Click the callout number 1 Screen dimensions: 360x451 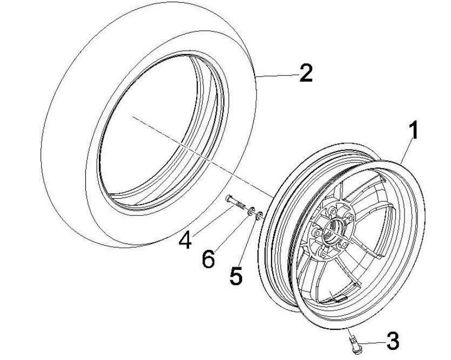click(x=414, y=132)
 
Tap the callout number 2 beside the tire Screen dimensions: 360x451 click(x=305, y=73)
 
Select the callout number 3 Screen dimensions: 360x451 click(x=392, y=341)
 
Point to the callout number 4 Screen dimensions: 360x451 click(x=185, y=239)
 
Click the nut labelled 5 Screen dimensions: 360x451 click(x=260, y=216)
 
